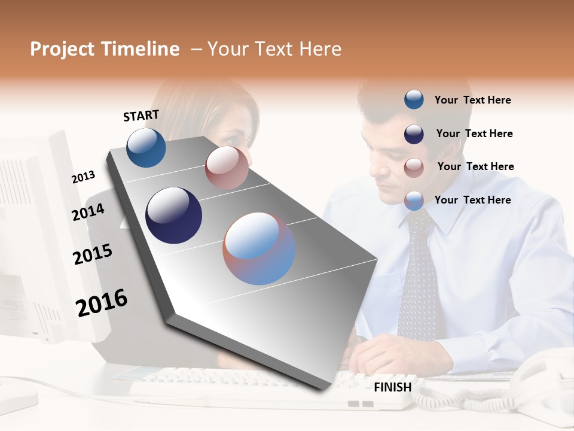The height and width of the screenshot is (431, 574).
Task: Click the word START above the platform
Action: pyautogui.click(x=141, y=116)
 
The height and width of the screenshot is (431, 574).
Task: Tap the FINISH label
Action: pyautogui.click(x=393, y=387)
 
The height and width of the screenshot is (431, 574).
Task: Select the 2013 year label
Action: pyautogui.click(x=83, y=177)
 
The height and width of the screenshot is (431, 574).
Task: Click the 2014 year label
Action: pyautogui.click(x=88, y=212)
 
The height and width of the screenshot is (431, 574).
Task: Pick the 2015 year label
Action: pyautogui.click(x=93, y=254)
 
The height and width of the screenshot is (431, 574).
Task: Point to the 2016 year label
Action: pyautogui.click(x=102, y=303)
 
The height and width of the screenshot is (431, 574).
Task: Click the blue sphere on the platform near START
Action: pyautogui.click(x=146, y=148)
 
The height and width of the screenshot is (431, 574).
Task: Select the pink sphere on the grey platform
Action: pyautogui.click(x=227, y=168)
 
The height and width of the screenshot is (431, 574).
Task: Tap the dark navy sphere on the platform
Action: pyautogui.click(x=173, y=215)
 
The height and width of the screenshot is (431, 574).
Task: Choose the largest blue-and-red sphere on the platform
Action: pyautogui.click(x=259, y=248)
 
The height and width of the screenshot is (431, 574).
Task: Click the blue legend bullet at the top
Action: pyautogui.click(x=414, y=99)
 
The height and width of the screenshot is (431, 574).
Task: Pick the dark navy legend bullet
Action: pyautogui.click(x=414, y=133)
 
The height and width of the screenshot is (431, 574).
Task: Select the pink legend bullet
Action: pyautogui.click(x=414, y=167)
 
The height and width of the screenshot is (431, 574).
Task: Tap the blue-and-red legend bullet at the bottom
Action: pyautogui.click(x=414, y=200)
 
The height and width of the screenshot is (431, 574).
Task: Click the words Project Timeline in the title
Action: pyautogui.click(x=105, y=49)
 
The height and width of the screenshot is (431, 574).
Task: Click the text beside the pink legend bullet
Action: pyautogui.click(x=475, y=166)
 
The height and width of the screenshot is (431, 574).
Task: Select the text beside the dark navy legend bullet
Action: pyautogui.click(x=474, y=133)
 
